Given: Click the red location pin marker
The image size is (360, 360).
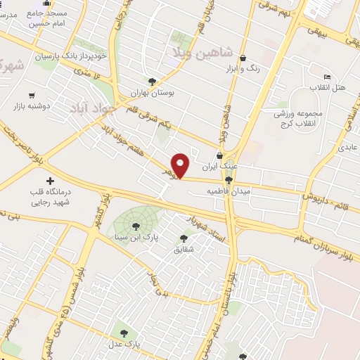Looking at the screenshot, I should [181, 165].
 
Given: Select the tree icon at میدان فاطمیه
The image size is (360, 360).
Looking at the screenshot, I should [238, 189].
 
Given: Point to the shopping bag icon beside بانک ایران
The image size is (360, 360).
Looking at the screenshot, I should [220, 156].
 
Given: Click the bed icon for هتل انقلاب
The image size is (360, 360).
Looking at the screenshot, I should [326, 77].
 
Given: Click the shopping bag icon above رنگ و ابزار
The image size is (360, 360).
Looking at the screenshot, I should [243, 58].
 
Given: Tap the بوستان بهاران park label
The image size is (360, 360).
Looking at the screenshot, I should [155, 93].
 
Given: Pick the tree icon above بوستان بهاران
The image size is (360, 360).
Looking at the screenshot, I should [153, 82].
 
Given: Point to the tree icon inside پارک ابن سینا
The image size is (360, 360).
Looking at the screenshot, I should [134, 226].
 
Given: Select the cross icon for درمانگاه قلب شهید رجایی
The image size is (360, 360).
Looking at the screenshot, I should [49, 181].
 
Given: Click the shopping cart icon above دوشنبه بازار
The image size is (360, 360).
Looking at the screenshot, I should [31, 96].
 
